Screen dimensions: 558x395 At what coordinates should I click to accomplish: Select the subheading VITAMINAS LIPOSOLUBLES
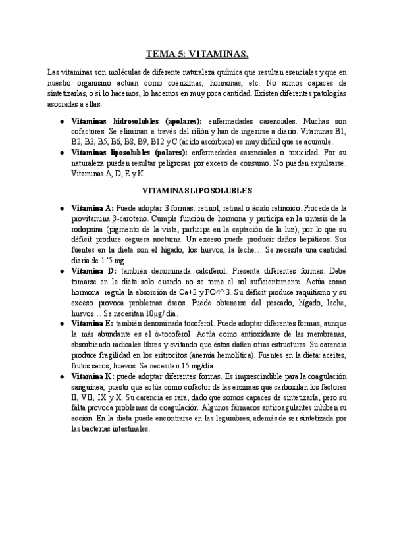tap(197, 190)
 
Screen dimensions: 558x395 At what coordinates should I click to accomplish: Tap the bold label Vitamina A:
tap(92, 207)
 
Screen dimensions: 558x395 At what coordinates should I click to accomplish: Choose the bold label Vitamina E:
tap(92, 324)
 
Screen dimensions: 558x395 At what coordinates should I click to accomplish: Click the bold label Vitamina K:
tap(92, 376)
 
